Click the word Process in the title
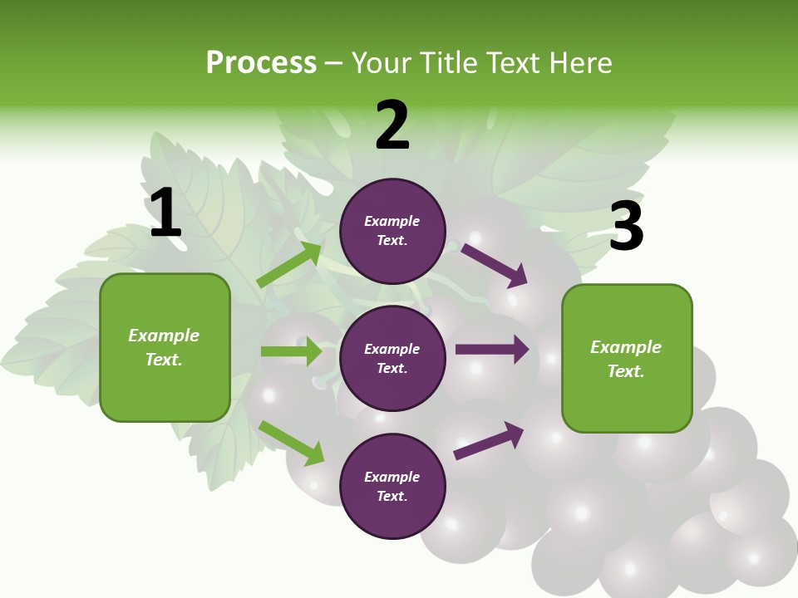(261, 63)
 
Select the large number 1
(165, 213)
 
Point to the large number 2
(392, 126)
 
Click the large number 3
(626, 226)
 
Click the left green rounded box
(165, 347)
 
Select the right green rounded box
(627, 359)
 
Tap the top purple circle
(392, 231)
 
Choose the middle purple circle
(392, 358)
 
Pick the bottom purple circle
(392, 486)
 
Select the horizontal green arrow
(291, 351)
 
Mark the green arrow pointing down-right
(292, 444)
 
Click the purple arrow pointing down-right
(495, 265)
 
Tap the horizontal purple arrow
(491, 350)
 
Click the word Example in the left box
(164, 336)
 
